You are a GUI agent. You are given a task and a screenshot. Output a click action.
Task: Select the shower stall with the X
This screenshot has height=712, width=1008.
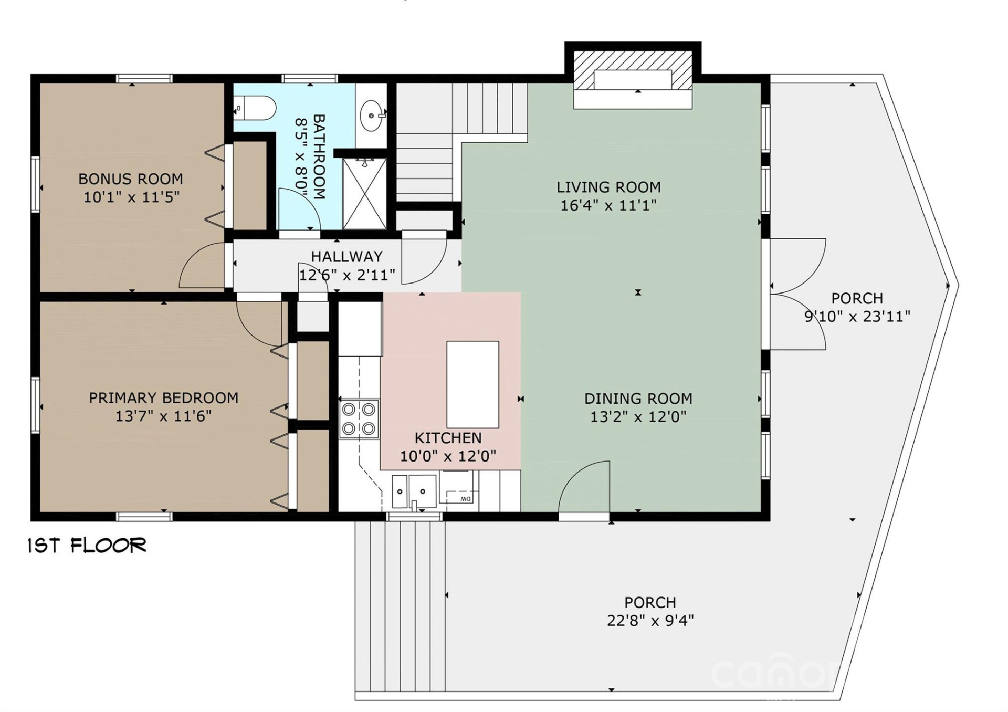tap(365, 193)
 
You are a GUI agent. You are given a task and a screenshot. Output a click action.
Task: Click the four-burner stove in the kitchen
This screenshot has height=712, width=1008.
tap(360, 419)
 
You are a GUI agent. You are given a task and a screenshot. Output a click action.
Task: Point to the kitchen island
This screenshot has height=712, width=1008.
tap(472, 384)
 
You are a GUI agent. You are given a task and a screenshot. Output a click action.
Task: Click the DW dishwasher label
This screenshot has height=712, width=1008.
tap(465, 499)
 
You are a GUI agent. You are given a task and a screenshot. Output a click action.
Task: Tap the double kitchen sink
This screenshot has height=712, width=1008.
tap(414, 491)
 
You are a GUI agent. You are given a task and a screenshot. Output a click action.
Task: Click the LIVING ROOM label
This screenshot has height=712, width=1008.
tap(608, 187)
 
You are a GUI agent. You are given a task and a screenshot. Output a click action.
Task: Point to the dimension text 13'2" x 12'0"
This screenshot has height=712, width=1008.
tap(638, 417)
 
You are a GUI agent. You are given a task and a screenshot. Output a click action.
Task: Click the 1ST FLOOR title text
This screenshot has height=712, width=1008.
tap(87, 546)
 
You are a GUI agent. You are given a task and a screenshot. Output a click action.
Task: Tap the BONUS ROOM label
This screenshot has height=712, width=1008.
tap(131, 179)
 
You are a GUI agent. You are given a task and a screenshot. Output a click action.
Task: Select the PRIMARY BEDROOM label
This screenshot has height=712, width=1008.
tap(163, 398)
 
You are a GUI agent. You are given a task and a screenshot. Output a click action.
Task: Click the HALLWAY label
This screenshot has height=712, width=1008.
tap(346, 257)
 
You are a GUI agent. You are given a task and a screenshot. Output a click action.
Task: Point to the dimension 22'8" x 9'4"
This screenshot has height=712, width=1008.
tap(650, 621)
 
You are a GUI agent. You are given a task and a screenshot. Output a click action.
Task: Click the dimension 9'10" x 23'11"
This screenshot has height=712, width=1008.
tap(857, 317)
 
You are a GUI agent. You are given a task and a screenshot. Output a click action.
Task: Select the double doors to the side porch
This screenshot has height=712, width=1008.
tap(797, 294)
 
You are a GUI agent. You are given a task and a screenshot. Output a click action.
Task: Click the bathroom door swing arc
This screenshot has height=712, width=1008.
tap(297, 210)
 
